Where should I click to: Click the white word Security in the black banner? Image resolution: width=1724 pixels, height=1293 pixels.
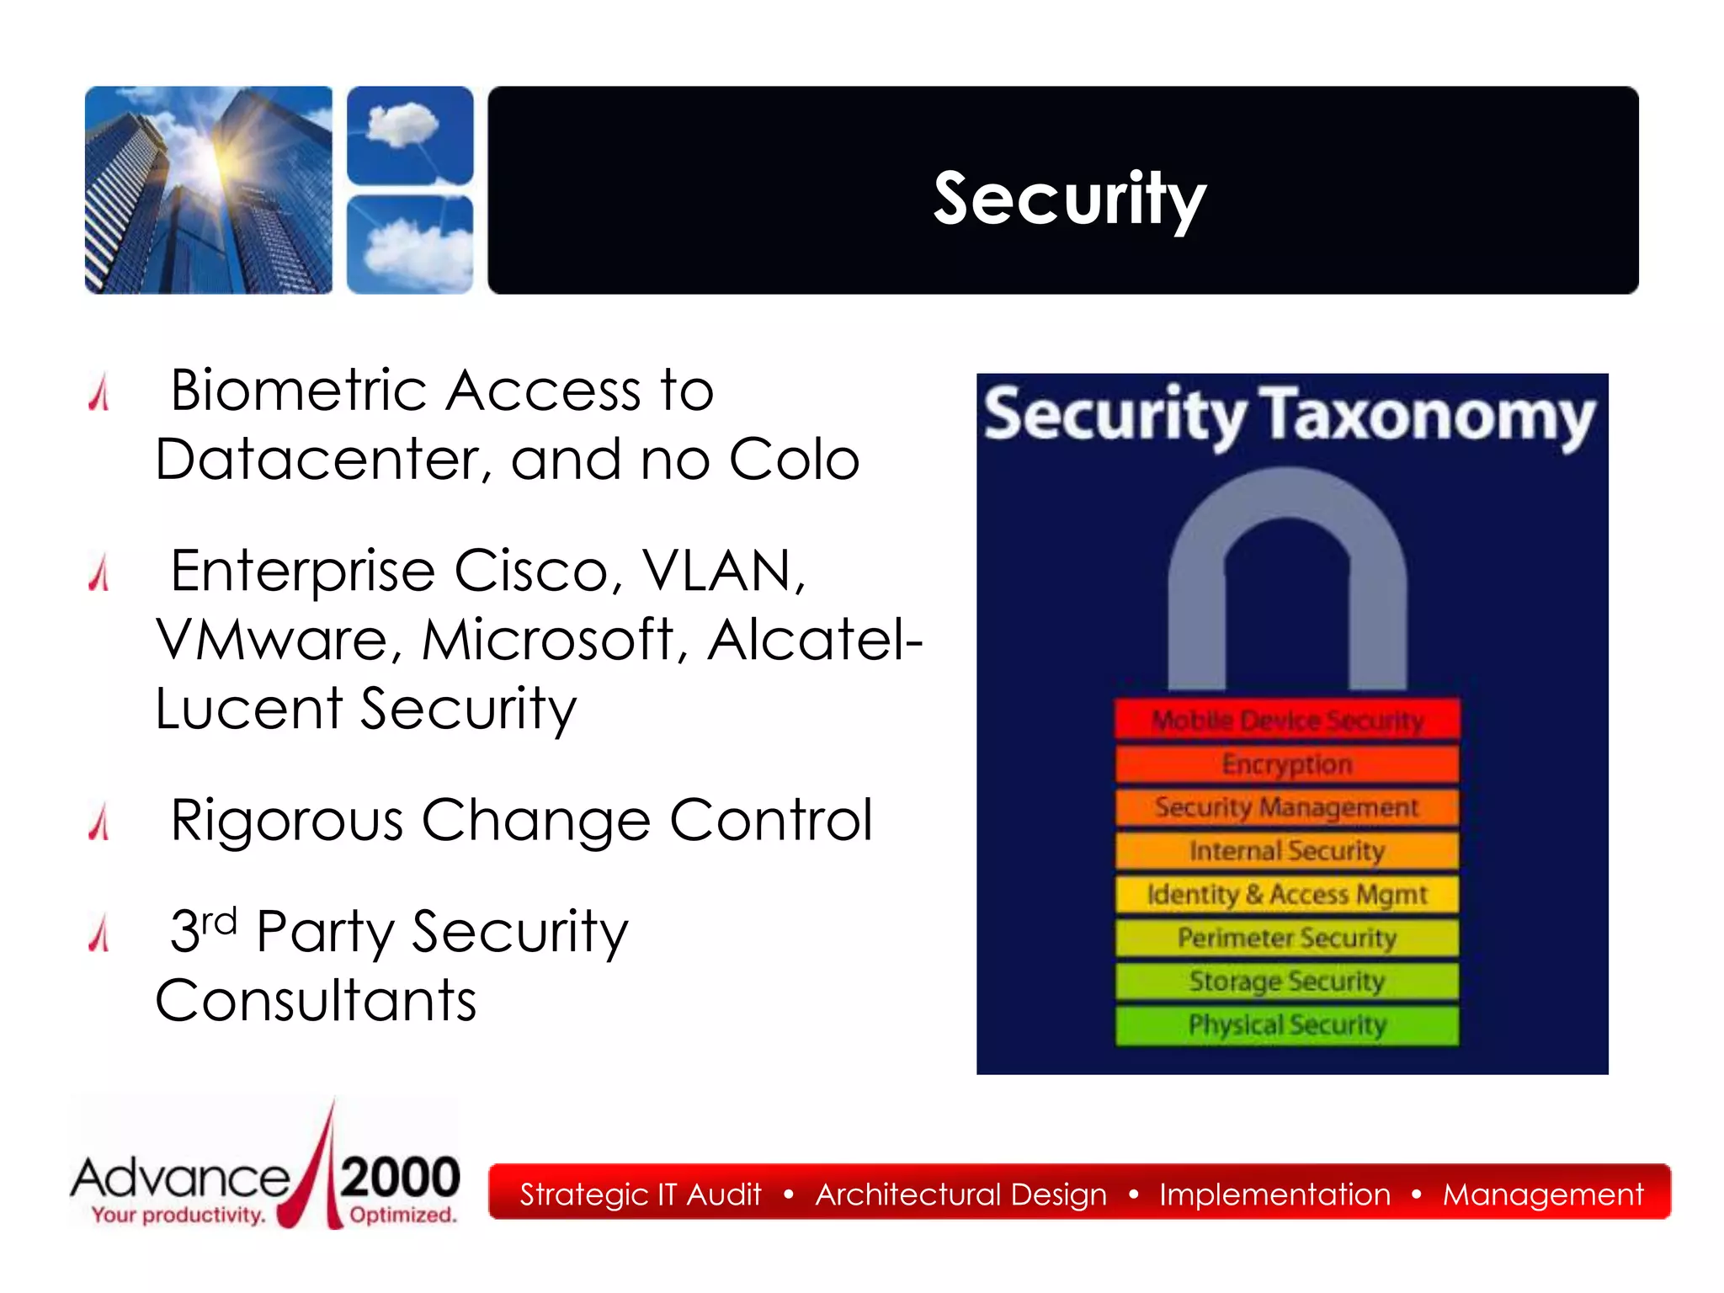(x=1069, y=199)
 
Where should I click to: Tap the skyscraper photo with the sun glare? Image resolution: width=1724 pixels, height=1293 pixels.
(x=209, y=190)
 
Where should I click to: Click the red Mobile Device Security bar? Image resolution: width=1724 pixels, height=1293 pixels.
(x=1287, y=721)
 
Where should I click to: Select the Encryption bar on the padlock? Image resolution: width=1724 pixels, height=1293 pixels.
(x=1287, y=764)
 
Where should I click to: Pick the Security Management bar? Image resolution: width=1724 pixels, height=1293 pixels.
(x=1287, y=807)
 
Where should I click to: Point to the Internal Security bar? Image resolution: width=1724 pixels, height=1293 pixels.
(x=1287, y=851)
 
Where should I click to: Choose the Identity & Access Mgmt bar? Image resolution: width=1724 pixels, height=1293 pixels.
(x=1287, y=894)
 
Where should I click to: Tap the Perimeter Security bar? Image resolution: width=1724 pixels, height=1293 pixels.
(x=1287, y=938)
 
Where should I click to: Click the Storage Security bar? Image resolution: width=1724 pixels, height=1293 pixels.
(x=1287, y=982)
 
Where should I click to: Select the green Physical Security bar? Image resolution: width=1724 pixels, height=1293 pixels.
(x=1287, y=1025)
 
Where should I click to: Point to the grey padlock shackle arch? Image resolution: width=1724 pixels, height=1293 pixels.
(x=1287, y=505)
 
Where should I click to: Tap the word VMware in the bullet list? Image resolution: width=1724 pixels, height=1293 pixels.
(x=272, y=640)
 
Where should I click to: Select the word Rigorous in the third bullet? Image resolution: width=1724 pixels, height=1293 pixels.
(x=286, y=821)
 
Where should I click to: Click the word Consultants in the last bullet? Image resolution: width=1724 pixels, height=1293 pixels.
(x=316, y=1001)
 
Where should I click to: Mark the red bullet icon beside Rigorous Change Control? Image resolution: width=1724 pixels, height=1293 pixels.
(x=99, y=822)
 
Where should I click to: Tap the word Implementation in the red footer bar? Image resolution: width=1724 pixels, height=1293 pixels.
(x=1274, y=1195)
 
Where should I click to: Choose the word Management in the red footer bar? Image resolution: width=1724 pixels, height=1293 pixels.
(x=1542, y=1195)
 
